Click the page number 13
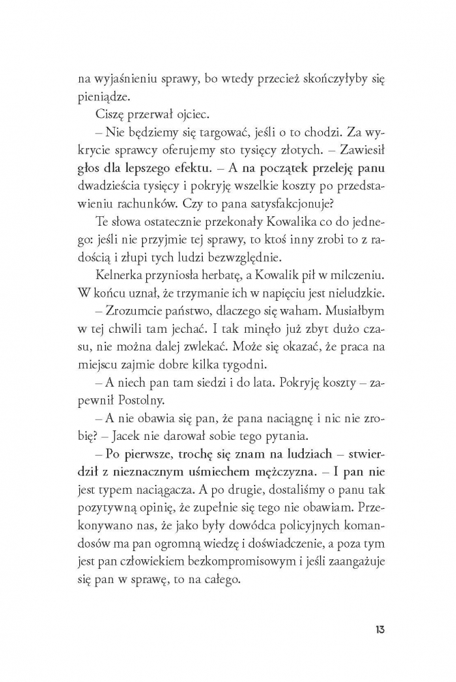click(x=379, y=628)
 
